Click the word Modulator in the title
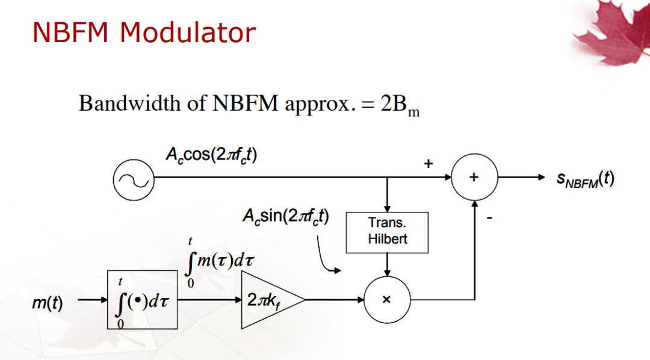click(188, 33)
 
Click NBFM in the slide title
click(70, 33)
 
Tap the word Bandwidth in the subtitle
click(130, 103)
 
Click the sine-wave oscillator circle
click(134, 179)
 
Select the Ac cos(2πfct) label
click(211, 155)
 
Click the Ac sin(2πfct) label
click(286, 216)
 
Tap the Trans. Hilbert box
click(387, 232)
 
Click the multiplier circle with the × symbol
click(387, 299)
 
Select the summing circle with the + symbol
click(474, 177)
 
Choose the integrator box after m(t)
click(142, 300)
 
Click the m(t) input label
click(48, 303)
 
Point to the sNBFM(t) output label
click(585, 179)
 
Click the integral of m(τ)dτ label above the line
click(220, 262)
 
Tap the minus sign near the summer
click(489, 218)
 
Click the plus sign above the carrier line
click(429, 163)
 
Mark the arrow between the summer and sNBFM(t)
click(521, 177)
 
